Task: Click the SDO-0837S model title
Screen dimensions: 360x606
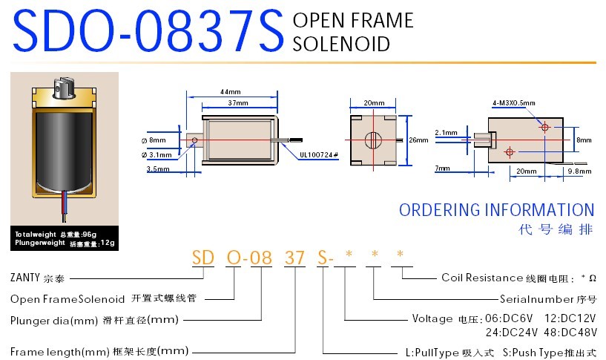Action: click(x=148, y=30)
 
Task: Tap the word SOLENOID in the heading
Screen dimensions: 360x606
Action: click(x=341, y=44)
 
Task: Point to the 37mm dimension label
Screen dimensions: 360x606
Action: click(x=237, y=102)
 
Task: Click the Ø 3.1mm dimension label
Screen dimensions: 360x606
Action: click(x=157, y=154)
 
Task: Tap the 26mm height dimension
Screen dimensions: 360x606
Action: click(x=418, y=140)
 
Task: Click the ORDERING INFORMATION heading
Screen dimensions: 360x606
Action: click(x=496, y=210)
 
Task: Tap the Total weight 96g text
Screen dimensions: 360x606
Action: click(x=56, y=235)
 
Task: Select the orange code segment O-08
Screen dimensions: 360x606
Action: click(x=244, y=258)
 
